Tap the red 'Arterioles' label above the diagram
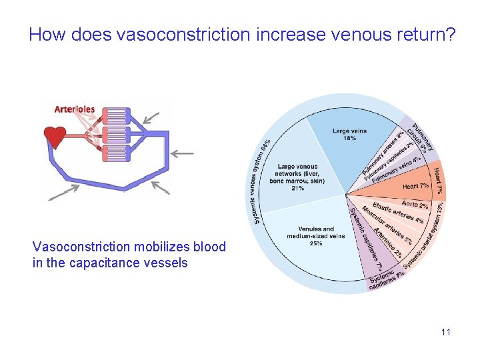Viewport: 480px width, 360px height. point(74,109)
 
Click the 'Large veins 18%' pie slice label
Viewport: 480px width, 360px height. point(349,135)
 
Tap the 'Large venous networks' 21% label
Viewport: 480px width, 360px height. point(297,177)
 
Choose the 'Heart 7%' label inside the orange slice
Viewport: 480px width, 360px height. point(415,186)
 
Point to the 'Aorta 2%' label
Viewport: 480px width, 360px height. point(415,204)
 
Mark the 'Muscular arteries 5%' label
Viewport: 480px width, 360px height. point(387,225)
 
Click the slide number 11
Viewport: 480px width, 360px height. point(445,331)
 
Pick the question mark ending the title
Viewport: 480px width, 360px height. point(451,34)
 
